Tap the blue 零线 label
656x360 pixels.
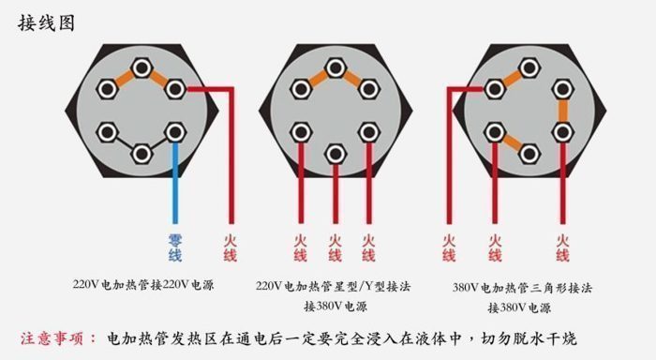[x=175, y=247]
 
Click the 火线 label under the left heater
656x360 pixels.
[x=230, y=247]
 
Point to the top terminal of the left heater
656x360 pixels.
[x=142, y=68]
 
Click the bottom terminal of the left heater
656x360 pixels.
[x=142, y=153]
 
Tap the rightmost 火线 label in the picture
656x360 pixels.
[x=562, y=247]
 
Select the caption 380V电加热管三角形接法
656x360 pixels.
[x=522, y=288]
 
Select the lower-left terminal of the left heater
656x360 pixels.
[x=109, y=131]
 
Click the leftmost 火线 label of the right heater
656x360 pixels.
[x=449, y=247]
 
